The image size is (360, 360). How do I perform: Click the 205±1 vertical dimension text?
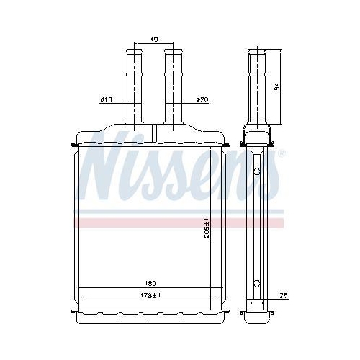point(207,228)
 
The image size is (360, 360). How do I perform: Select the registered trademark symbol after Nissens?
point(282,153)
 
